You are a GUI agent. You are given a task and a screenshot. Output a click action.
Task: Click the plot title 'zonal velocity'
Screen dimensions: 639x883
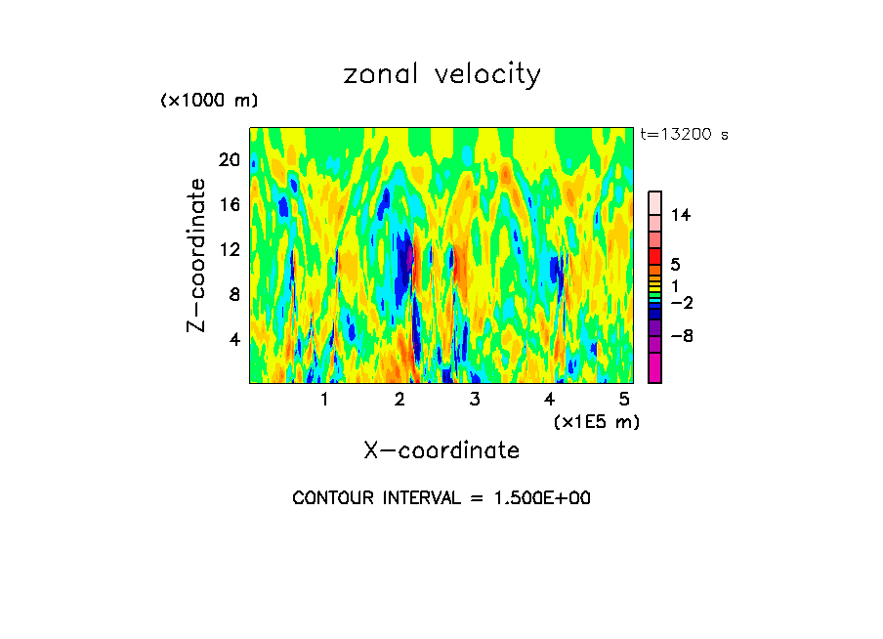[441, 75]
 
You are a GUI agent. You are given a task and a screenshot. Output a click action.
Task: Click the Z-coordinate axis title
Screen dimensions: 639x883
[197, 255]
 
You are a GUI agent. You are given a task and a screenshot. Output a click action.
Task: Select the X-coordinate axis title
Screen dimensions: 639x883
[441, 450]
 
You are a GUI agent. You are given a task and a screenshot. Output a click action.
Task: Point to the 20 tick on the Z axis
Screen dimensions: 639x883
[231, 159]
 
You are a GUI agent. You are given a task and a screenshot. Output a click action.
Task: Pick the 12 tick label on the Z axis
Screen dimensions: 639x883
[231, 249]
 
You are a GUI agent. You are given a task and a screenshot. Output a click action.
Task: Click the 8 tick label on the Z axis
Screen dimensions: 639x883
[234, 294]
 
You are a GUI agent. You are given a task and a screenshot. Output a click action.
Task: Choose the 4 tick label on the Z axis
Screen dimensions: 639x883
[234, 339]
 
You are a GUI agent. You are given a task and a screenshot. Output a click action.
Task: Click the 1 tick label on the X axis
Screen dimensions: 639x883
[324, 399]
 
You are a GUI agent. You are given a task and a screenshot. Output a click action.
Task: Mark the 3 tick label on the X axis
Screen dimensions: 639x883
[474, 399]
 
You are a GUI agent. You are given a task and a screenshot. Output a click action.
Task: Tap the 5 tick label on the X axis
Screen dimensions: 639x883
[623, 399]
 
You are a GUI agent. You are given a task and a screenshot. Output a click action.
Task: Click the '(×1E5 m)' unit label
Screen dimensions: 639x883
[596, 421]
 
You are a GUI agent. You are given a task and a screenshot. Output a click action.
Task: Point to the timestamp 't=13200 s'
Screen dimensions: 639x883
[684, 135]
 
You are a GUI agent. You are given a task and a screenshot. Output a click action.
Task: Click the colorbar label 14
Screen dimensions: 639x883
[681, 215]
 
